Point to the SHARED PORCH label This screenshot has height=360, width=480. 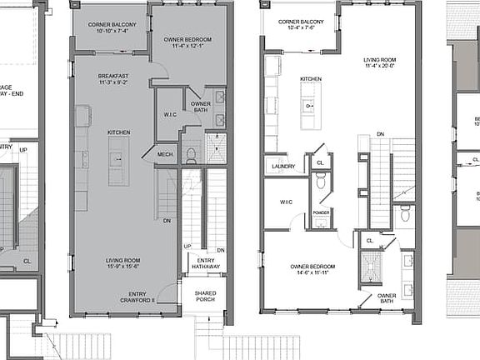pyautogui.click(x=205, y=297)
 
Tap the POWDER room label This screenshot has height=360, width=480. pyautogui.click(x=320, y=212)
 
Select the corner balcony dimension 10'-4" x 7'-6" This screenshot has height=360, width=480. pyautogui.click(x=302, y=27)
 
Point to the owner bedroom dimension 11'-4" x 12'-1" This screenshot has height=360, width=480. pyautogui.click(x=186, y=47)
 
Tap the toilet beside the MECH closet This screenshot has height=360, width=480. pyautogui.click(x=190, y=156)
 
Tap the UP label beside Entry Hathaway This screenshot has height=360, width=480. pyautogui.click(x=187, y=247)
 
